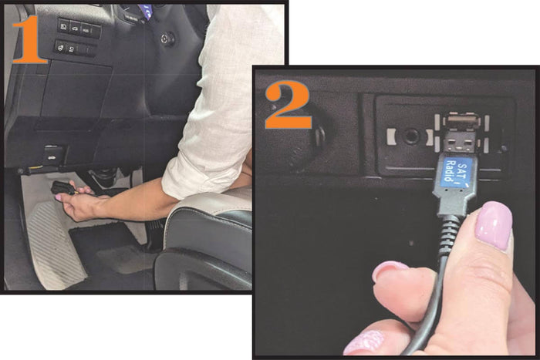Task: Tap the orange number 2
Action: (x=289, y=105)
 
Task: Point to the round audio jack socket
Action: (x=410, y=136)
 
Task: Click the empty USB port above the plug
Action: (x=461, y=122)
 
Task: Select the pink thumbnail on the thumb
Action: (x=494, y=224)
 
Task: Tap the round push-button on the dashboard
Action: (x=167, y=38)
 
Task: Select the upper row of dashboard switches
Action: (x=79, y=29)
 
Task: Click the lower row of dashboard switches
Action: (x=75, y=49)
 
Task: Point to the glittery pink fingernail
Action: (x=364, y=341)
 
